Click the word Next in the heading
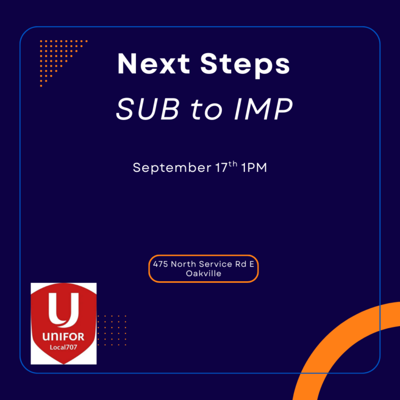pos(154,64)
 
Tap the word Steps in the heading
pos(245,65)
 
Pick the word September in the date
pos(172,168)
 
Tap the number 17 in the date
pos(221,168)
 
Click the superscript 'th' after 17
pos(233,164)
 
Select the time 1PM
pos(254,168)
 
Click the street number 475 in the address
pos(160,264)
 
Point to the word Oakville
pos(204,273)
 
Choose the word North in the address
pos(184,264)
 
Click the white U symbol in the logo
pos(64,310)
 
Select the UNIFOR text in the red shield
pos(63,337)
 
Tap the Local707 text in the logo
pos(64,347)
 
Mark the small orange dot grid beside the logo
pos(112,330)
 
